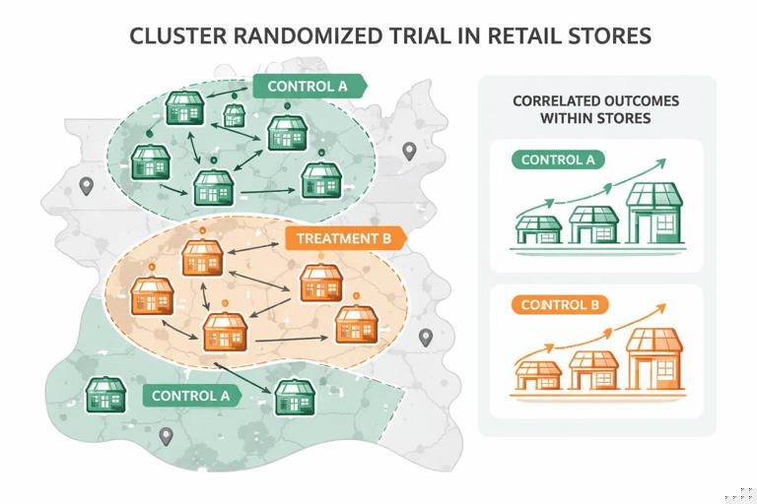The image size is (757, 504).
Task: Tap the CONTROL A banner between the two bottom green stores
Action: [x=191, y=396]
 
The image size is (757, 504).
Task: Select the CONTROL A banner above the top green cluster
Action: [x=308, y=86]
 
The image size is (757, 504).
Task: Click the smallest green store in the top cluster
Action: [x=234, y=115]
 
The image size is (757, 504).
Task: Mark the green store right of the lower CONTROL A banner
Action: [x=294, y=397]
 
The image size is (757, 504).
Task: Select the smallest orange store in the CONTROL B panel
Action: [x=538, y=375]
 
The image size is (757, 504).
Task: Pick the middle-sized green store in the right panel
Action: [x=594, y=223]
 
